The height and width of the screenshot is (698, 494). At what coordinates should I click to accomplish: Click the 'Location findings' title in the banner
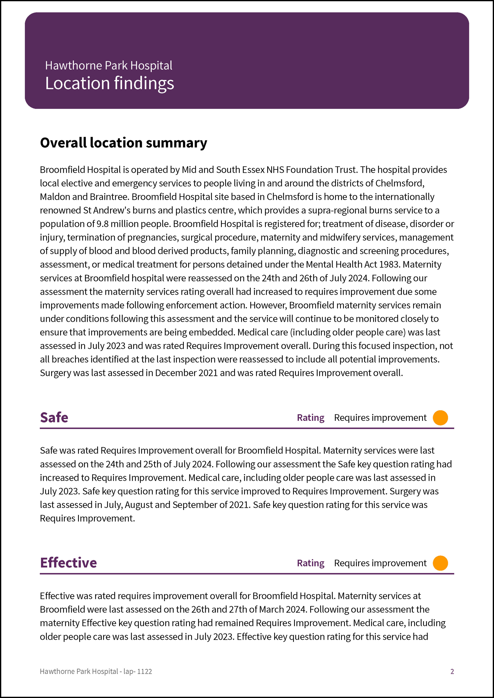pos(109,83)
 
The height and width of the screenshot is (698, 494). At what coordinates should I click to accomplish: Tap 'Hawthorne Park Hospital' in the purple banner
pos(109,65)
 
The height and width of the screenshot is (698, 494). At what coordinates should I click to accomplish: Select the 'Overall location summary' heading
pos(123,143)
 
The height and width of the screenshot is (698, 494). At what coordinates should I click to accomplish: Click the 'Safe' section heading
pos(54,417)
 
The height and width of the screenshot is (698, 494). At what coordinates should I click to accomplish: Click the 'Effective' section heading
pos(68,563)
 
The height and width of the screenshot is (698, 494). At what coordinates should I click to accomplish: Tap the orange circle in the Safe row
pos(440,418)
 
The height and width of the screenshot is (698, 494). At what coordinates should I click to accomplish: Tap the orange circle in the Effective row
pos(440,563)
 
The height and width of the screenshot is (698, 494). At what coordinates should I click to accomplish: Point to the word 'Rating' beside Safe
pos(310,418)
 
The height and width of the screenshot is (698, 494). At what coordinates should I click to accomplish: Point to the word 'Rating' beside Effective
pos(310,563)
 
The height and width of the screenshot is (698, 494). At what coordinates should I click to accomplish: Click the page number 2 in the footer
pos(452,671)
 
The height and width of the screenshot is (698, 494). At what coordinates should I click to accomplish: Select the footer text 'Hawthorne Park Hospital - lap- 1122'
pos(96,671)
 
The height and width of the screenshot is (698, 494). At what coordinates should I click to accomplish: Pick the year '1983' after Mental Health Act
pos(389,265)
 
